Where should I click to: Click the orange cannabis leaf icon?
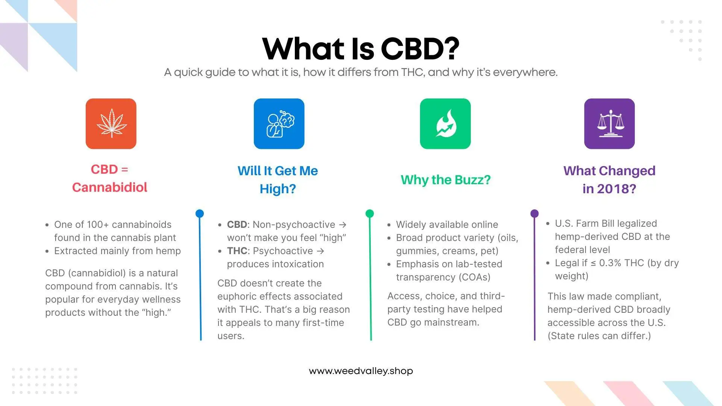(111, 124)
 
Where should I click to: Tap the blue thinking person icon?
(279, 124)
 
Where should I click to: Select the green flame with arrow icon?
(445, 124)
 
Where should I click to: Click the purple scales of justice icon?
(609, 124)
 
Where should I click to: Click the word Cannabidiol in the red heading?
(109, 187)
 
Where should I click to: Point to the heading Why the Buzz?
(446, 180)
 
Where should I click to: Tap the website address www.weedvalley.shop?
(361, 371)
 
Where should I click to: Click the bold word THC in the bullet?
(237, 251)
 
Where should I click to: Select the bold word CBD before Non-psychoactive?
(237, 224)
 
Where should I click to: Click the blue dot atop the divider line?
(200, 214)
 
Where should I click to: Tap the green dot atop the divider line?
(370, 214)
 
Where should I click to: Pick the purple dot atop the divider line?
(534, 214)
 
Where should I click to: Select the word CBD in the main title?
(420, 49)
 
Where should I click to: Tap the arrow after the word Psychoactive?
(320, 251)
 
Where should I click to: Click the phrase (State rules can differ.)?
(599, 336)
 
